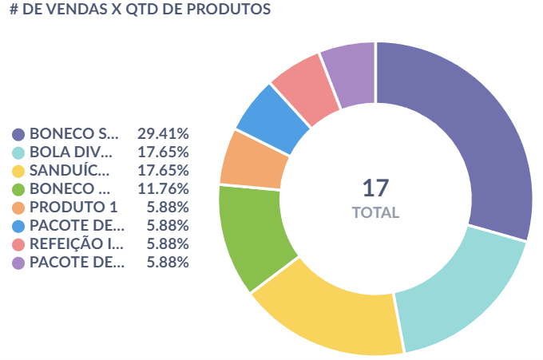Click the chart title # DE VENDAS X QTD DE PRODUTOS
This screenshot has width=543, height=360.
click(140, 10)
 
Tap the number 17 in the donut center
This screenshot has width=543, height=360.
click(375, 188)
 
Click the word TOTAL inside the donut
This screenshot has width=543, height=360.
click(375, 213)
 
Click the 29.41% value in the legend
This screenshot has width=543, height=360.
click(163, 133)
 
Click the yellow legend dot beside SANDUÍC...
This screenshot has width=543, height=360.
click(18, 171)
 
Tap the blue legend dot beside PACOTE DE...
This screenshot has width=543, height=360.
click(18, 226)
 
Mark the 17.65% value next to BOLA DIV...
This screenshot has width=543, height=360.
click(163, 152)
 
